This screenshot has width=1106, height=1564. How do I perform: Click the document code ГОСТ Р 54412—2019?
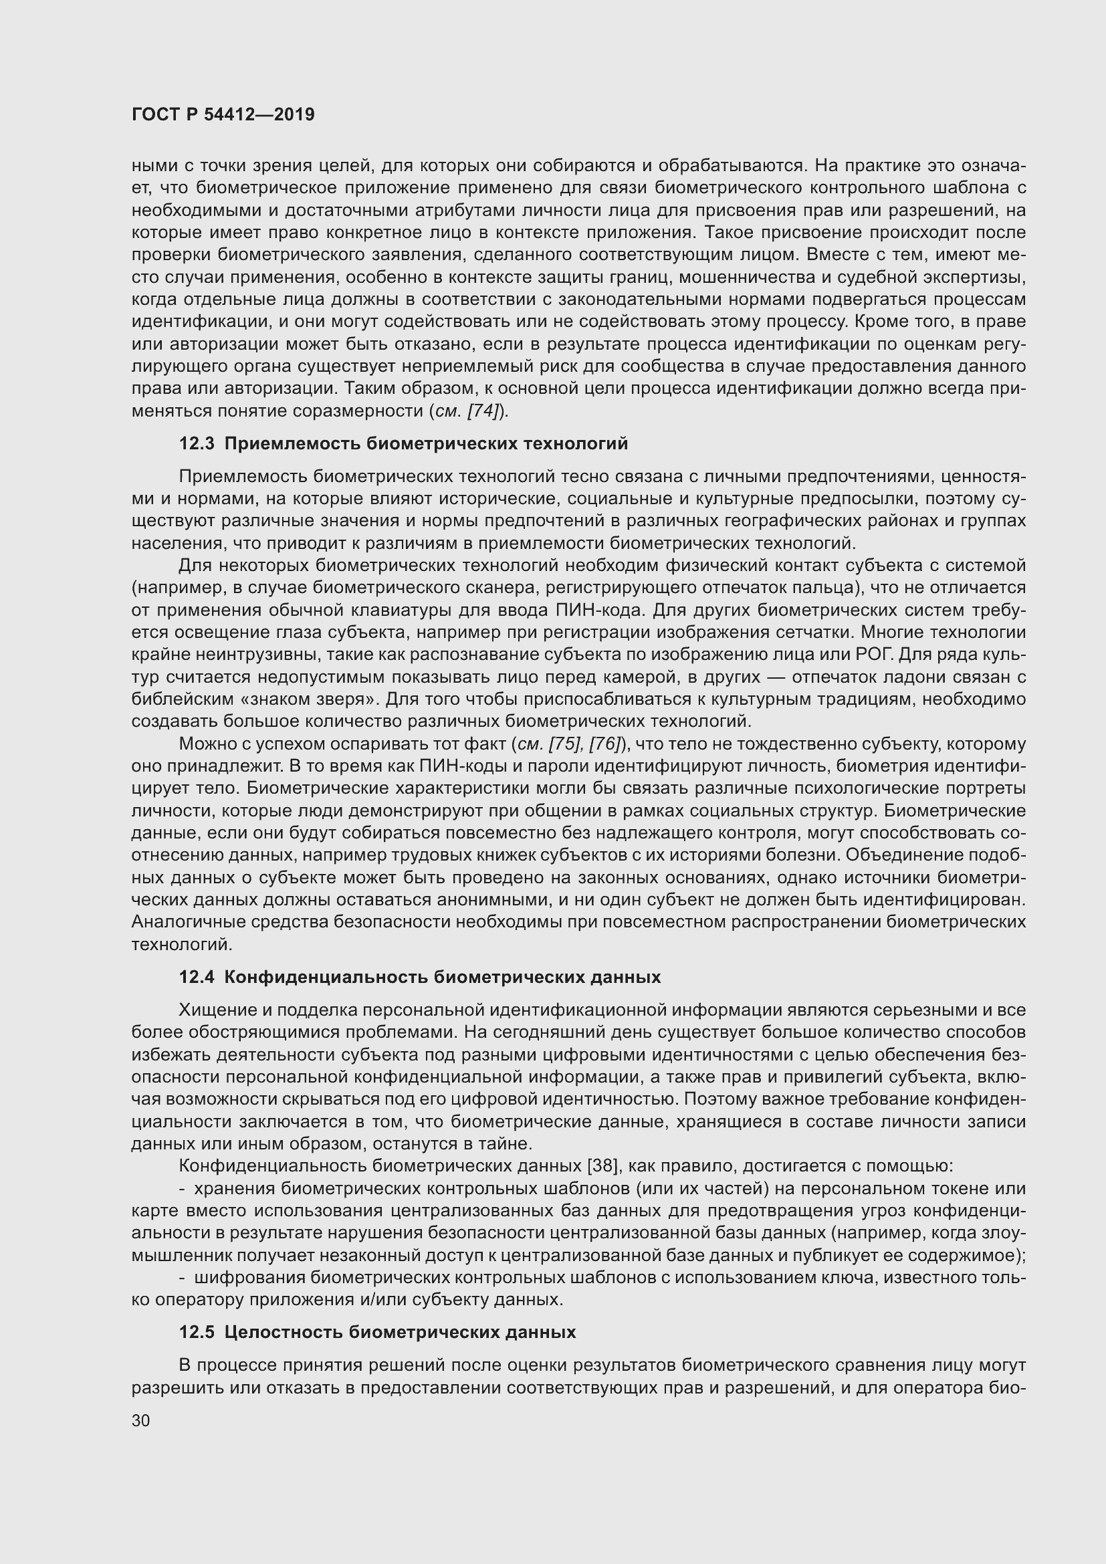click(223, 114)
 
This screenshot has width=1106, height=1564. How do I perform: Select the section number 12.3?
click(197, 444)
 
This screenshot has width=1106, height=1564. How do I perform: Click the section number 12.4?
click(197, 978)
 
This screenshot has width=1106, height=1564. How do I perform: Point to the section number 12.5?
click(197, 1333)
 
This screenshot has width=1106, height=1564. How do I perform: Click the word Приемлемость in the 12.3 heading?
click(292, 444)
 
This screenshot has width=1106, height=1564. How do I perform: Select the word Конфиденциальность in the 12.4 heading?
click(326, 978)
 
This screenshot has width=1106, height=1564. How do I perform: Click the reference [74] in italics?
click(484, 411)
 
